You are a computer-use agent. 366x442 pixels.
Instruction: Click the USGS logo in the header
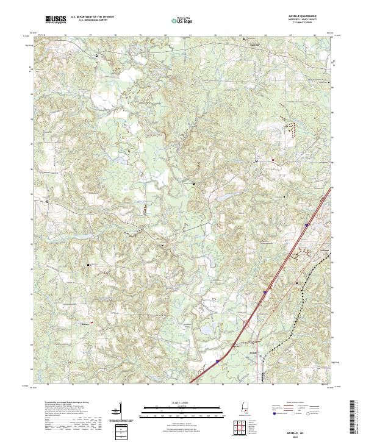click(56, 20)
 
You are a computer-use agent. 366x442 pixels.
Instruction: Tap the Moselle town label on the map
click(254, 352)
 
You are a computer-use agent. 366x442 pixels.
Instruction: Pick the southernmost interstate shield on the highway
click(217, 361)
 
